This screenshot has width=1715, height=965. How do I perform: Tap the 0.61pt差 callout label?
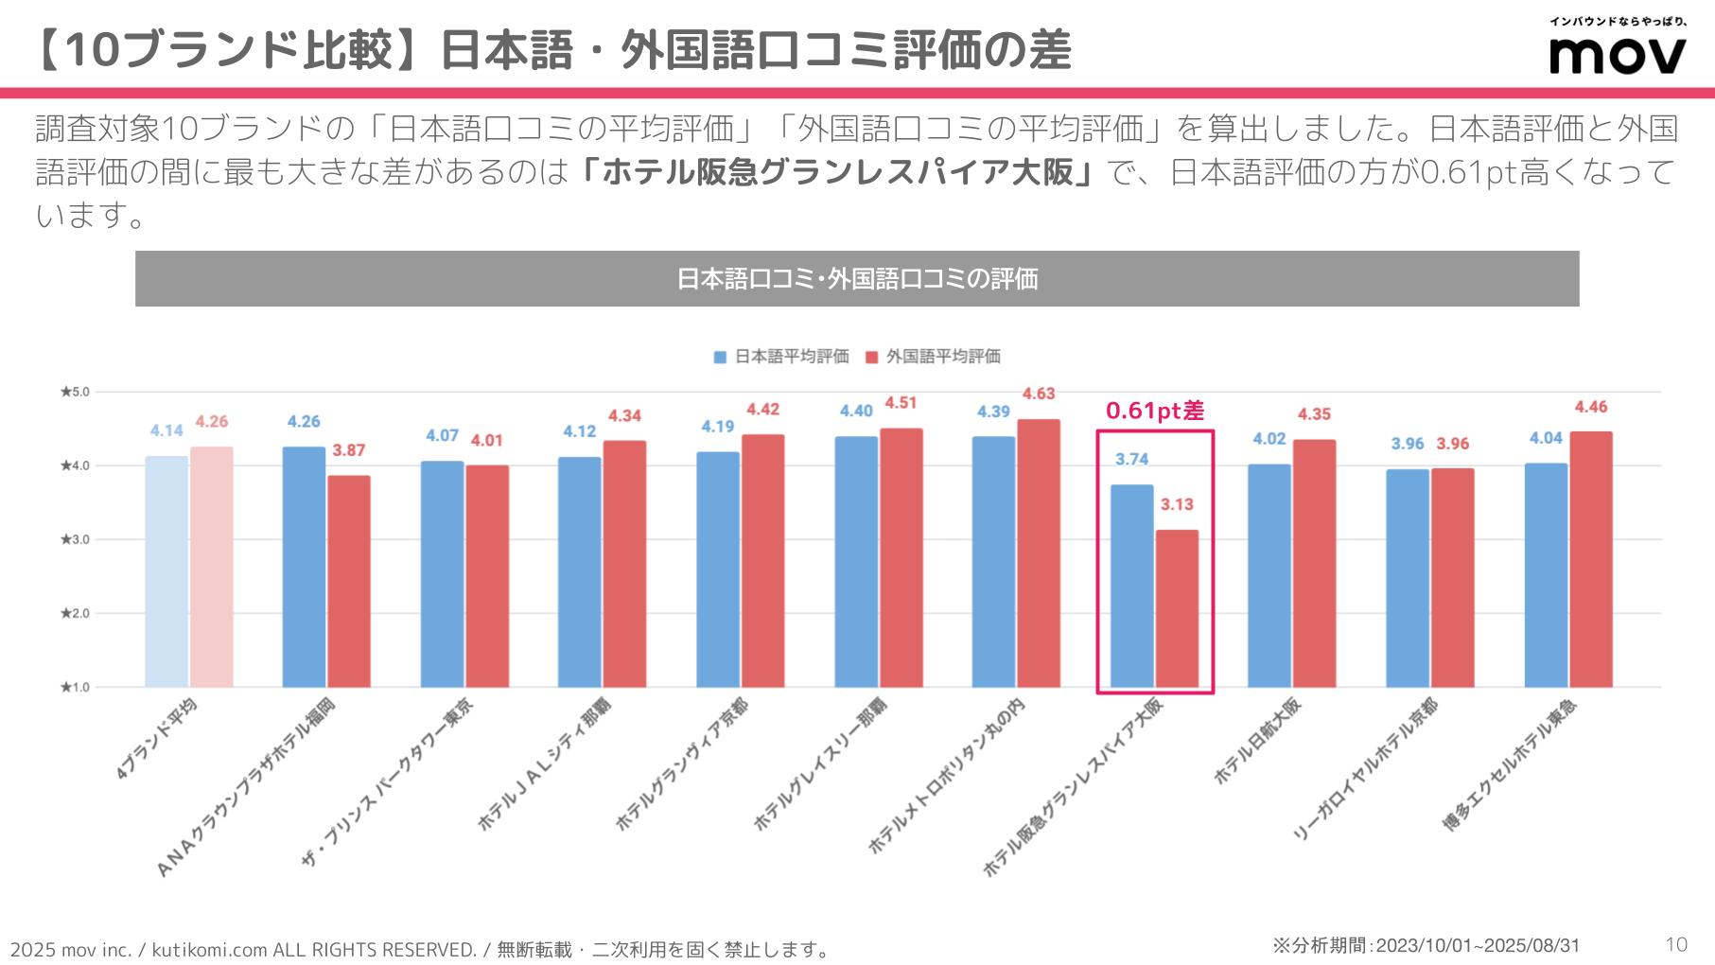pos(1154,411)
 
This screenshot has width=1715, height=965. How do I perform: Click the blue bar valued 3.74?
pos(1131,586)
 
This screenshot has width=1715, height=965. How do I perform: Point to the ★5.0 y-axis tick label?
pos(75,392)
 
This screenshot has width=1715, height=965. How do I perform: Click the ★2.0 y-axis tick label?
pos(75,613)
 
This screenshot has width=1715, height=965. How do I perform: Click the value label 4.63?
pos(1038,394)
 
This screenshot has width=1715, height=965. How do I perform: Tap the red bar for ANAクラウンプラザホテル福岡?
pos(349,581)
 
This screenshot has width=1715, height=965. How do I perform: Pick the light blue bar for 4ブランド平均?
pos(166,571)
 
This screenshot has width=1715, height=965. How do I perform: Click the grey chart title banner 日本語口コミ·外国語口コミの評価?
pos(857,279)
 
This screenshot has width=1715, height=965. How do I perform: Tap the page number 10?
pos(1675,944)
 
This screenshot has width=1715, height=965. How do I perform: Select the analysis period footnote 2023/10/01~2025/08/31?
pos(1426,945)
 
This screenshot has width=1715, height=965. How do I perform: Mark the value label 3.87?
pos(348,450)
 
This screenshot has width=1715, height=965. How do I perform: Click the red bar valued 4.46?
pos(1591,559)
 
